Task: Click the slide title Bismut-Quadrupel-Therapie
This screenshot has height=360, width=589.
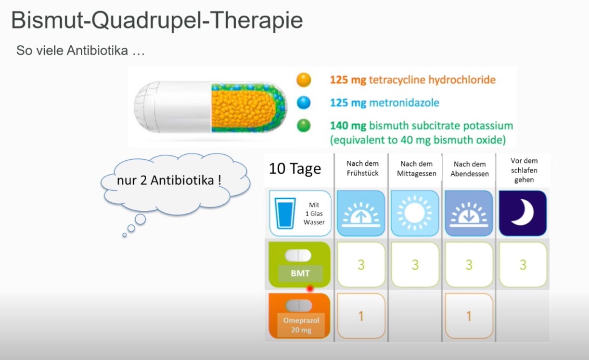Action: (x=157, y=21)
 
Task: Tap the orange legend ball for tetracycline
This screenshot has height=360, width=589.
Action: (x=304, y=80)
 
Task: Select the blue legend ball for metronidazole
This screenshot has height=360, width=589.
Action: (x=304, y=103)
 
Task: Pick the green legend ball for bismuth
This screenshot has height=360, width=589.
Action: (x=304, y=126)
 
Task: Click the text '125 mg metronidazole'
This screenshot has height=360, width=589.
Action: (x=384, y=103)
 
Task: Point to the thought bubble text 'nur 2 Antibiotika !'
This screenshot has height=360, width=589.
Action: (x=169, y=180)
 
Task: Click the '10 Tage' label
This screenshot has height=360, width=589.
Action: (x=295, y=168)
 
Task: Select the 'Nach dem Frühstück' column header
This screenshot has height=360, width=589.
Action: (x=362, y=168)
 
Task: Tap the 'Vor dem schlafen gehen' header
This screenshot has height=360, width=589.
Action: (x=524, y=170)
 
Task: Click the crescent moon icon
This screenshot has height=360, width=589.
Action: (x=523, y=212)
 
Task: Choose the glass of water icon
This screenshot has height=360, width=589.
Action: (x=285, y=213)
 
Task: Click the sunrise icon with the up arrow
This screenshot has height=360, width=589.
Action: (x=361, y=215)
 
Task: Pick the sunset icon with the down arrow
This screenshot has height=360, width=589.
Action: (x=469, y=215)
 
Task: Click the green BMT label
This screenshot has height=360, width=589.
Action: (x=300, y=273)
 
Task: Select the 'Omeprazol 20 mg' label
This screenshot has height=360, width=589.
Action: (x=301, y=325)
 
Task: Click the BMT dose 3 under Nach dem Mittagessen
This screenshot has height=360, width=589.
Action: (x=415, y=265)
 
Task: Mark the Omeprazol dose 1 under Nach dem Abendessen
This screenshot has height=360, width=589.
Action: (x=469, y=316)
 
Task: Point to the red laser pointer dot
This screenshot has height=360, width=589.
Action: (x=310, y=289)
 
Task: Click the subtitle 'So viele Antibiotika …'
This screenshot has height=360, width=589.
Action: (x=80, y=51)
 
